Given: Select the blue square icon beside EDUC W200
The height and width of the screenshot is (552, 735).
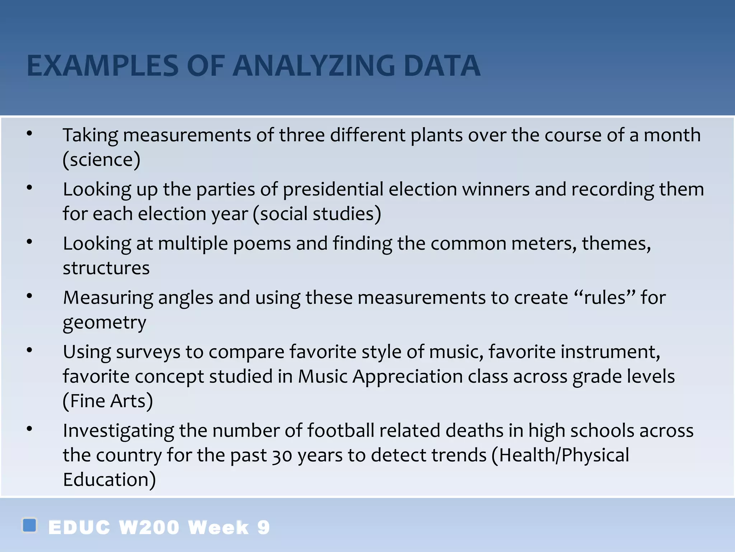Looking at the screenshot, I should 29,525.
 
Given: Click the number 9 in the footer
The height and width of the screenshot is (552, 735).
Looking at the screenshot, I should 263,528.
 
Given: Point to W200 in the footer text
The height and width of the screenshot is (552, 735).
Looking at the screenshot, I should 149,528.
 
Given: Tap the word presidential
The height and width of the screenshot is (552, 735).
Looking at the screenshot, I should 333,189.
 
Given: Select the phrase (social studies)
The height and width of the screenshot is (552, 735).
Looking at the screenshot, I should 317,213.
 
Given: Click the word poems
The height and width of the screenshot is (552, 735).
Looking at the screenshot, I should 262,243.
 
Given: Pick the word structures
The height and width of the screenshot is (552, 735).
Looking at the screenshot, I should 106,268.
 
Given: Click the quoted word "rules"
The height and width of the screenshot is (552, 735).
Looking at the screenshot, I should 605,298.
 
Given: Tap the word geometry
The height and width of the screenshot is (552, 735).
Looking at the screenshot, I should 104,322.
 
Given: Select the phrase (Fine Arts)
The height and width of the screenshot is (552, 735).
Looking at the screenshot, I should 108,401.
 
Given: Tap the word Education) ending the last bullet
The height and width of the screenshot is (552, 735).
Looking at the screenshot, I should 109,480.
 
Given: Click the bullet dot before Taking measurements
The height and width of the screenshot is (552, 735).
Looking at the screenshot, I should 29,134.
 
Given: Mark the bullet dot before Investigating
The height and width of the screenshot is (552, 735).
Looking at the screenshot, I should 29,429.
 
